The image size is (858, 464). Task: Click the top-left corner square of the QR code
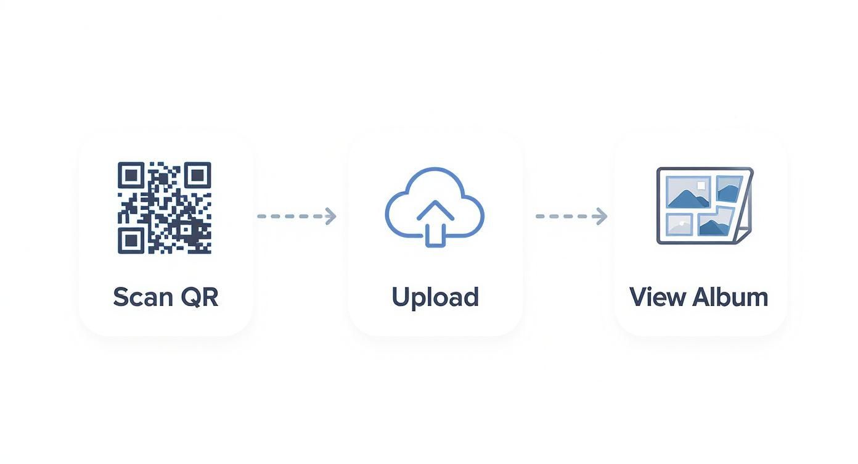(x=130, y=175)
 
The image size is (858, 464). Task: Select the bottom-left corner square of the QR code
(x=130, y=240)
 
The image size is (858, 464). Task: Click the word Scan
(x=142, y=297)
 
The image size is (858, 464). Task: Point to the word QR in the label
(x=200, y=297)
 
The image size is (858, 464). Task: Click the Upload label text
(x=435, y=297)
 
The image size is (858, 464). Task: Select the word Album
(x=730, y=297)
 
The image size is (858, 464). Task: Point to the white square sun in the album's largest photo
(x=700, y=184)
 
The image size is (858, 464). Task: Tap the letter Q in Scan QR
(x=190, y=297)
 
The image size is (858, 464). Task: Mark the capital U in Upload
(x=401, y=297)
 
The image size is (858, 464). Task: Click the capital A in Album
(x=701, y=297)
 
